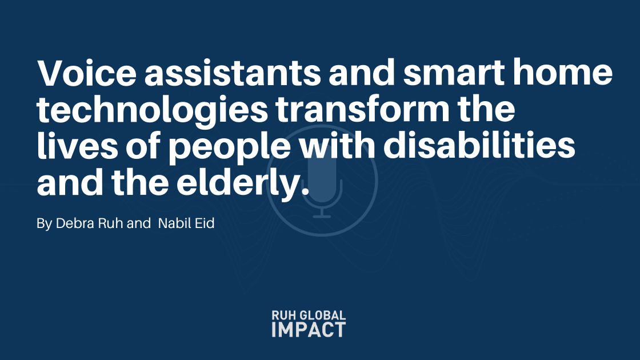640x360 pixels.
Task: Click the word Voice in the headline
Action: coord(86,72)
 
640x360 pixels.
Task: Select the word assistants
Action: coord(233,72)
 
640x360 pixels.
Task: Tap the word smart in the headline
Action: coord(454,73)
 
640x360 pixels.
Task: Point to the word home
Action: coord(563,72)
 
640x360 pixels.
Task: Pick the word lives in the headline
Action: coord(77,145)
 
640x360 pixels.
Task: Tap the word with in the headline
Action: coord(337,145)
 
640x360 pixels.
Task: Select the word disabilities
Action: coord(479,145)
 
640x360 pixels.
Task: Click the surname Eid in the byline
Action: coord(205,223)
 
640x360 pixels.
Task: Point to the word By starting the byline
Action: coord(44,223)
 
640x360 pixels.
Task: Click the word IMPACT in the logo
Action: coord(309,329)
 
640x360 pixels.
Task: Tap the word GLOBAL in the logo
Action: coord(323,315)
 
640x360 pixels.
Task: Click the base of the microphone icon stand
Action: coord(322,217)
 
